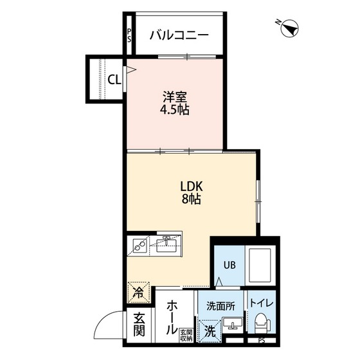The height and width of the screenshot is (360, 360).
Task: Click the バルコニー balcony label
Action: pos(179,35)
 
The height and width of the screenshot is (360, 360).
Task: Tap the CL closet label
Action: pos(114,80)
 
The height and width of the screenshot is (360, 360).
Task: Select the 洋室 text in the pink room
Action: pos(175,98)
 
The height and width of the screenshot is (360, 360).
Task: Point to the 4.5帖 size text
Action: pos(175,110)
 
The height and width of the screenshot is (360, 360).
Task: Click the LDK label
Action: pos(192,187)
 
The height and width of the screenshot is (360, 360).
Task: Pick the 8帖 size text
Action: pos(192,199)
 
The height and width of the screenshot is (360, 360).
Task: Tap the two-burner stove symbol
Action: pos(138,245)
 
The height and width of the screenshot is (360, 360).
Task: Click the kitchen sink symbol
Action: pos(166,244)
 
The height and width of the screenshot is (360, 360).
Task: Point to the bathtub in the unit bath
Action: pos(262,264)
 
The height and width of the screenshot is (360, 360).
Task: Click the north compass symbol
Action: pos(289,28)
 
